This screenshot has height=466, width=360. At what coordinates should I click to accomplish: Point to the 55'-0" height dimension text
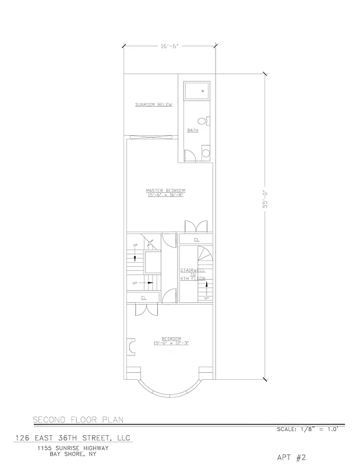[264, 199]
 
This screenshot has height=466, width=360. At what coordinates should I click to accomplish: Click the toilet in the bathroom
[203, 121]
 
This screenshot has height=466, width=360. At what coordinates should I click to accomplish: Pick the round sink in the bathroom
[205, 154]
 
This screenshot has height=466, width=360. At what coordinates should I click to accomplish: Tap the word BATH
[192, 130]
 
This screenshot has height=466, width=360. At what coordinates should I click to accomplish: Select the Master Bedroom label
[166, 190]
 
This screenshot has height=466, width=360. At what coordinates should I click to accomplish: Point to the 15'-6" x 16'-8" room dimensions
[166, 195]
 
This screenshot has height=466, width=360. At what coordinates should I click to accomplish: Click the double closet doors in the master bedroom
[193, 226]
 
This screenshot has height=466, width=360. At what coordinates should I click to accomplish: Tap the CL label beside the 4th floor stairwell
[196, 239]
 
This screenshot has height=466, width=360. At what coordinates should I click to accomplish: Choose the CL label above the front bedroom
[143, 298]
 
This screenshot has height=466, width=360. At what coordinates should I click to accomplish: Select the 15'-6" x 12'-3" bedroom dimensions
[171, 343]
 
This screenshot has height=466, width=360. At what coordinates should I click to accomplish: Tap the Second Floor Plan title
[77, 419]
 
